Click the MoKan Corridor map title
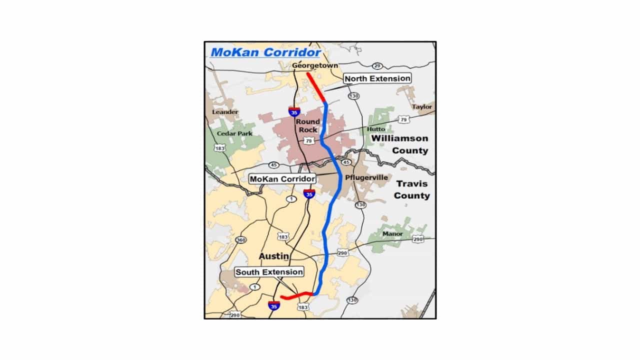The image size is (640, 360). [x=265, y=52]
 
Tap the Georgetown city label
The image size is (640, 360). [x=315, y=65]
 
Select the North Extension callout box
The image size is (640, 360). [x=377, y=78]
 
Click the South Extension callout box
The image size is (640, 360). [x=269, y=272]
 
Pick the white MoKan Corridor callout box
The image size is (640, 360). [x=282, y=178]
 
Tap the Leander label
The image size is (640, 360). [x=225, y=112]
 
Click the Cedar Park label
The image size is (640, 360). [x=235, y=134]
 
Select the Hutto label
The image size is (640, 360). [x=376, y=129]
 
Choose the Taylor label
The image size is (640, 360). [x=422, y=107]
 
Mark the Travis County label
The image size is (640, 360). [x=411, y=189]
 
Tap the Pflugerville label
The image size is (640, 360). [x=366, y=177]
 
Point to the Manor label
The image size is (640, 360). [x=392, y=234]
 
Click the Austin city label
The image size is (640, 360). [x=274, y=256]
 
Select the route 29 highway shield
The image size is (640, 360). [x=377, y=66]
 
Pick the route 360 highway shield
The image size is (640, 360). [x=241, y=240]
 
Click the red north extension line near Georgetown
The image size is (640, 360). [x=316, y=88]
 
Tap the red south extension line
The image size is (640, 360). [x=297, y=296]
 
